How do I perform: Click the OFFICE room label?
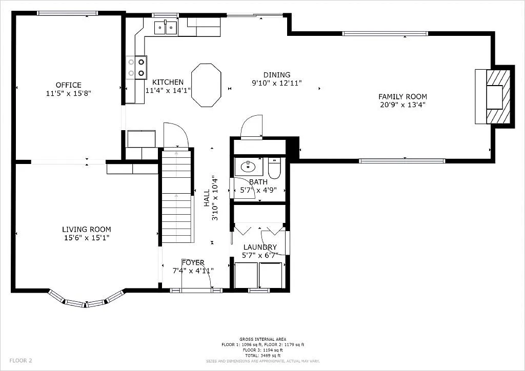(69, 85)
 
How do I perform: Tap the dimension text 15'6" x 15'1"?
(87, 238)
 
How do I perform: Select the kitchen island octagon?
(206, 85)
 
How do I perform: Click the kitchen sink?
(166, 28)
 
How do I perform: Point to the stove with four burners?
(136, 67)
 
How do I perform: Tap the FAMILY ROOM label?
(402, 96)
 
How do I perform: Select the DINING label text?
(277, 75)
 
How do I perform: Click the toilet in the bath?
(274, 169)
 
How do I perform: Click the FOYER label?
(193, 262)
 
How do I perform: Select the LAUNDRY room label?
(260, 247)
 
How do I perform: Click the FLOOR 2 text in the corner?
(21, 360)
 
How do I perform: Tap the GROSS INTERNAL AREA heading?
(262, 339)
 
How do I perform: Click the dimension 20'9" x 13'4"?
(402, 105)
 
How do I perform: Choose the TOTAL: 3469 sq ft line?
(262, 355)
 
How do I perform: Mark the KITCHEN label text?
(168, 82)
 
